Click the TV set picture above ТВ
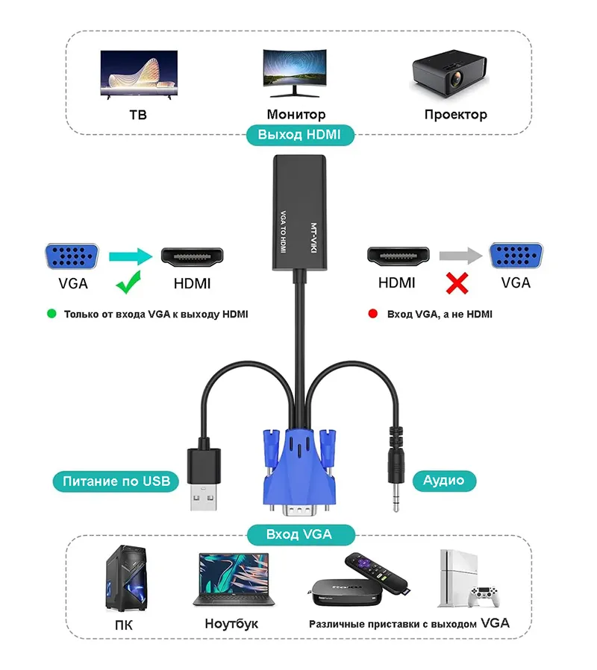(x=139, y=75)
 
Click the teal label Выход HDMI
(x=299, y=135)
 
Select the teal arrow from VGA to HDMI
(x=129, y=257)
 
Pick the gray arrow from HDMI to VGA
(x=460, y=257)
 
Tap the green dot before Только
(x=51, y=314)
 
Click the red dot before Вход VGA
(x=372, y=314)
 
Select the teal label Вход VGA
(x=299, y=534)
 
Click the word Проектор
(x=455, y=115)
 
